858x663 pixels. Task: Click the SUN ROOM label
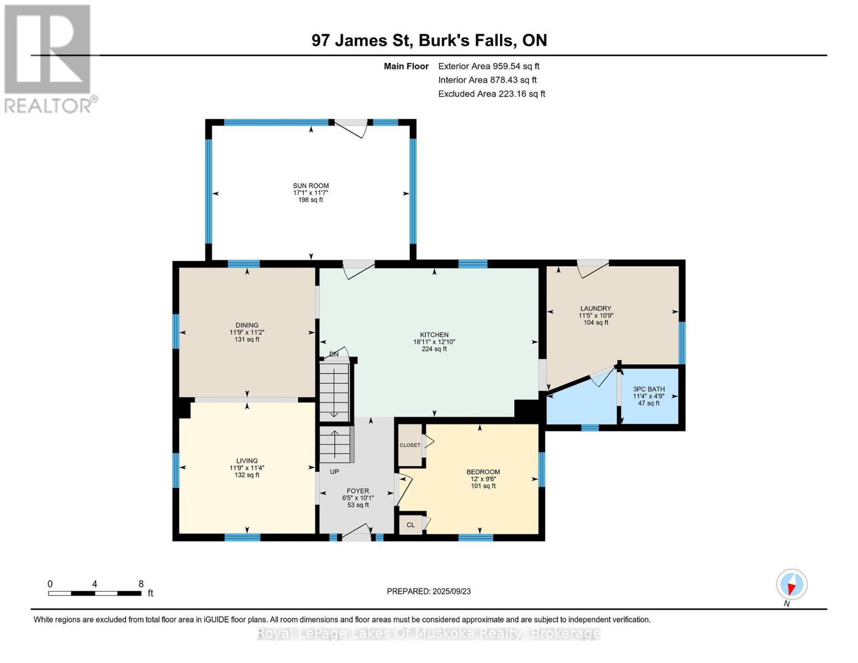310,186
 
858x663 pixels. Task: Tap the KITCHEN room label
434,334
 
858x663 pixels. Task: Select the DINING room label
247,325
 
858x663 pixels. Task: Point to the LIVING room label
247,460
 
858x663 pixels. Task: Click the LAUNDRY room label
596,308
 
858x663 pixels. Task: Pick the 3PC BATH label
649,389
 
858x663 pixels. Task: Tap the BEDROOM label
483,471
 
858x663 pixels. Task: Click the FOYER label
358,491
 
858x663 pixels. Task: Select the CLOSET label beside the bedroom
410,445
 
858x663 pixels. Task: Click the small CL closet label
410,525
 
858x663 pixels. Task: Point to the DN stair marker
334,354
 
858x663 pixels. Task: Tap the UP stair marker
334,471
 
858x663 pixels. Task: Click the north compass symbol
792,585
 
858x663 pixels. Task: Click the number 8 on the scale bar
141,583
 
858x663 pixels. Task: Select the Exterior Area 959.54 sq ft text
488,66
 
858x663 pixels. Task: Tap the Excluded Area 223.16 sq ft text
492,94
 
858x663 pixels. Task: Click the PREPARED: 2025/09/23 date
429,591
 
